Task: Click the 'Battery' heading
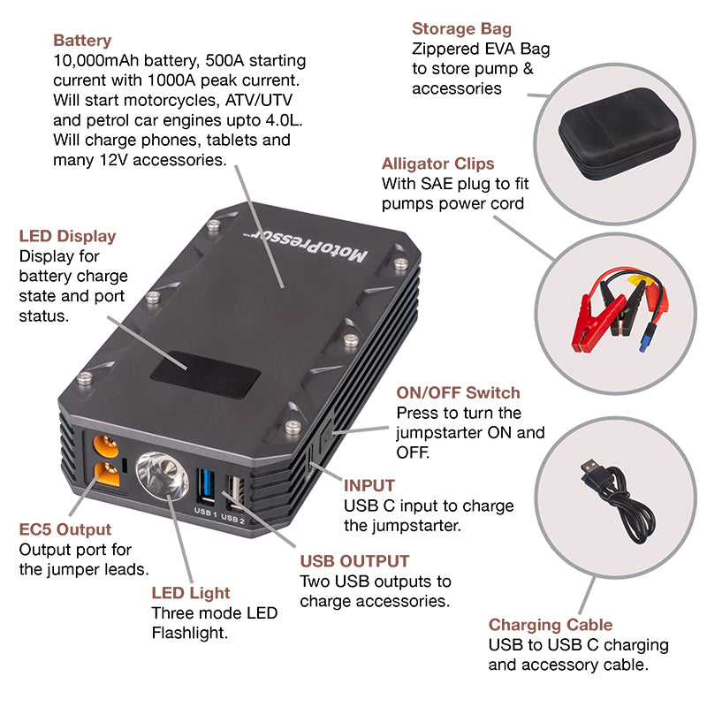(x=82, y=41)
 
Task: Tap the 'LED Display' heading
(x=67, y=236)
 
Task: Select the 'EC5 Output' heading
(x=65, y=529)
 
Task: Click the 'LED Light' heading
(x=190, y=593)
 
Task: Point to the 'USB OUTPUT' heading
(x=354, y=561)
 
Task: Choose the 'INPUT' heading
(x=369, y=485)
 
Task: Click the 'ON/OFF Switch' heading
(x=458, y=392)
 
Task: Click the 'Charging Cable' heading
(x=551, y=625)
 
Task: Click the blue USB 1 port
(x=206, y=485)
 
